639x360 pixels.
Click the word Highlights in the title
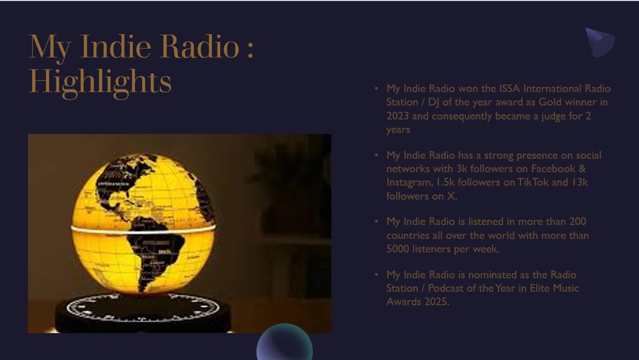pos(100,83)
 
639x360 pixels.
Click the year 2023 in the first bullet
pos(398,116)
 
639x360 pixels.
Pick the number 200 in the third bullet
pos(577,221)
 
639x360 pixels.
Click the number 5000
pos(398,249)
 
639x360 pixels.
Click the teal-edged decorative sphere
pos(284,342)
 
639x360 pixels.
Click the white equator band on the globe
pos(143,231)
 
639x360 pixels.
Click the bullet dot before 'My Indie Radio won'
pos(376,89)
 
